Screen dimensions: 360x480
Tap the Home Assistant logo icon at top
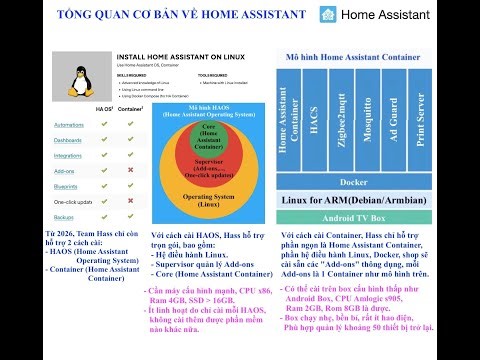click(x=328, y=15)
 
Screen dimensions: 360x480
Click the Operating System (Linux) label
click(x=209, y=200)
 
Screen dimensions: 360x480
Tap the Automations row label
click(x=69, y=124)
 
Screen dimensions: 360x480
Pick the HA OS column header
click(x=103, y=107)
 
